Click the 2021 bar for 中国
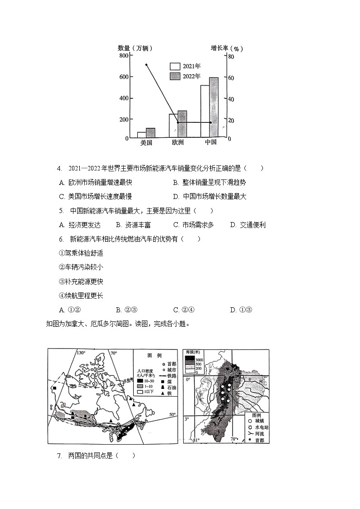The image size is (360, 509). (205, 111)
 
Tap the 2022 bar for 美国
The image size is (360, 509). (151, 133)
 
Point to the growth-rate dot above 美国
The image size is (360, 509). (146, 64)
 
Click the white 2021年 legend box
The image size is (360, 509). (175, 66)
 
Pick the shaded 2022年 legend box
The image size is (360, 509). (175, 76)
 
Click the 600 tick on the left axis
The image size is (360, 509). (123, 77)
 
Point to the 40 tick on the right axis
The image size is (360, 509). (231, 99)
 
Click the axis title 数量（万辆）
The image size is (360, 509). (135, 48)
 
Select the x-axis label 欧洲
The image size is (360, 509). (178, 142)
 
